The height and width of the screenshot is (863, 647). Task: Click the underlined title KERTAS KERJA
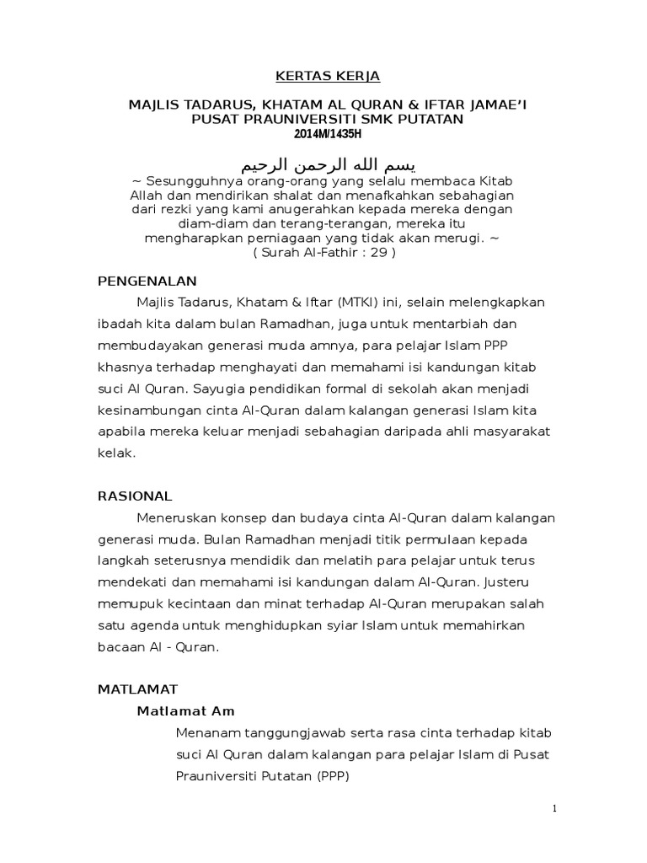click(329, 77)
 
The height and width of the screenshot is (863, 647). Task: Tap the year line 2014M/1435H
click(329, 134)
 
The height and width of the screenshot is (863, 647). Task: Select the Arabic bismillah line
click(329, 163)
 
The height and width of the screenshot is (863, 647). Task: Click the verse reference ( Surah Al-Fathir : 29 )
click(324, 252)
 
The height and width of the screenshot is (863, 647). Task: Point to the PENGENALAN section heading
click(147, 281)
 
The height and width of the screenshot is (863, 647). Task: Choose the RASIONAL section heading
click(135, 496)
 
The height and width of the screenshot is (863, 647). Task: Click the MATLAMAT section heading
click(137, 689)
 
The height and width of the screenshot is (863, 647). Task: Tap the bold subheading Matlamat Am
click(186, 710)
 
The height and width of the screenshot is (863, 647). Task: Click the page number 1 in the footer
click(554, 809)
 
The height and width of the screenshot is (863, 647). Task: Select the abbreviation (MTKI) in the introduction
click(361, 302)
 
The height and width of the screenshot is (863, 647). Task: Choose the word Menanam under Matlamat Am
click(205, 733)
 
